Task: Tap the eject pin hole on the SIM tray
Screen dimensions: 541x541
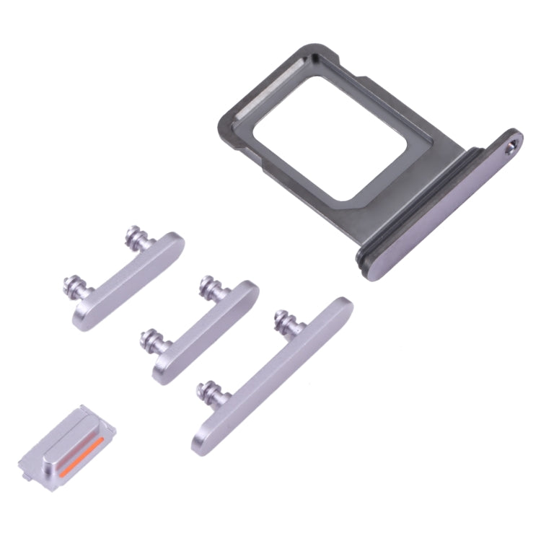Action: [x=513, y=146]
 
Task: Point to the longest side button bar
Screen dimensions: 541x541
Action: [x=274, y=375]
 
